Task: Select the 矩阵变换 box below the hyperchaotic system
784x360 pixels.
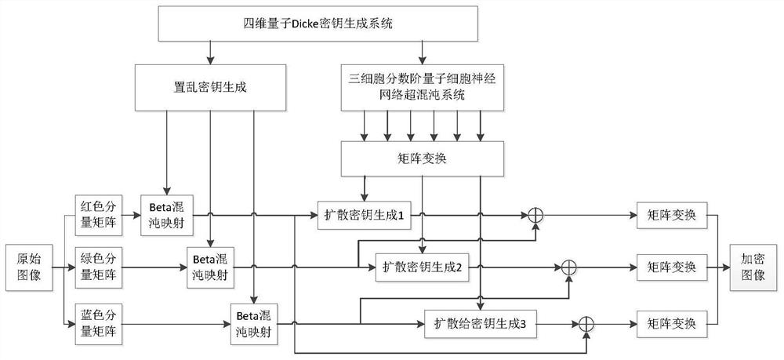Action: coord(423,159)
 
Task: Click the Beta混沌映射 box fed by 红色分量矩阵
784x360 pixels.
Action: coord(165,213)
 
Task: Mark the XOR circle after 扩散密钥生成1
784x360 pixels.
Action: coord(536,213)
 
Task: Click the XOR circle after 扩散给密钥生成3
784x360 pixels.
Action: coord(585,322)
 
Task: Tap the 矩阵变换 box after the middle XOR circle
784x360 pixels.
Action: coord(672,267)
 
